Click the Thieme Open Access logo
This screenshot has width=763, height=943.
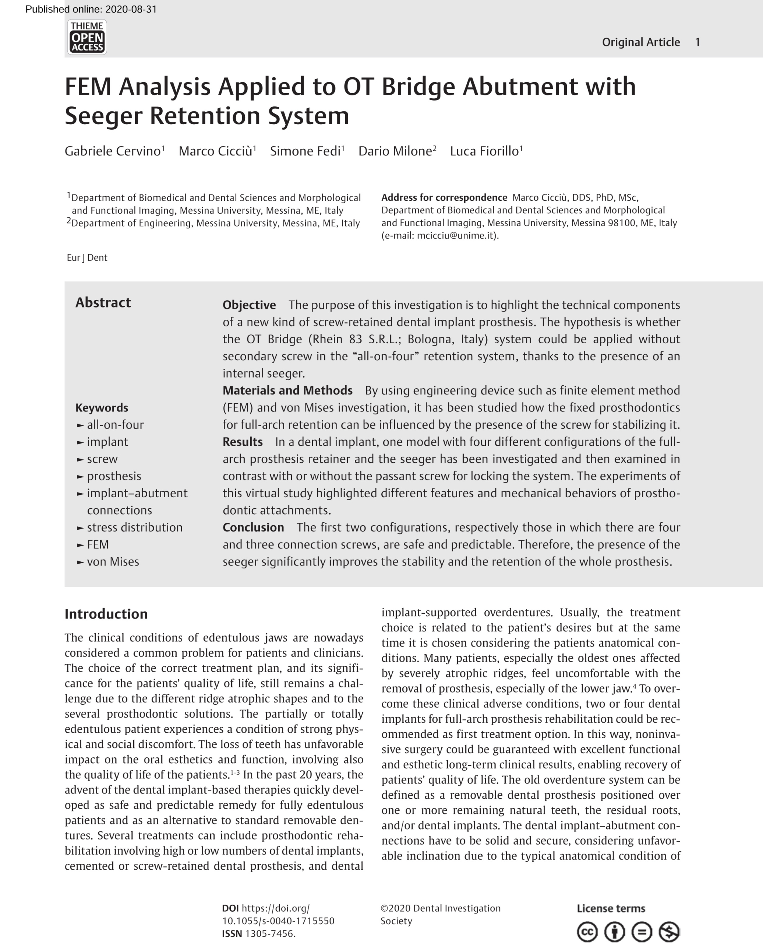[x=87, y=37]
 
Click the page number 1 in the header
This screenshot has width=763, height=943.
[x=697, y=42]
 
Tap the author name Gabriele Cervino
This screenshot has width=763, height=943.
[x=113, y=151]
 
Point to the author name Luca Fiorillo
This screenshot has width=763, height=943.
[x=484, y=151]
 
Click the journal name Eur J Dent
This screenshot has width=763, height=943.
[x=87, y=258]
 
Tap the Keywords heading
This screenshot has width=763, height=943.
[x=102, y=408]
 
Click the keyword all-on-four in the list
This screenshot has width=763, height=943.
[x=115, y=425]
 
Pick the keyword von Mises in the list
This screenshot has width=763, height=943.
[x=113, y=562]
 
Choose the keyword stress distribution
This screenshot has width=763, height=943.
[x=134, y=527]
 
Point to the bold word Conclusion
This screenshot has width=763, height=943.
[x=253, y=527]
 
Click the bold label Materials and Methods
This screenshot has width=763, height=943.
[x=287, y=390]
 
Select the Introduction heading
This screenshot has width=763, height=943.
[x=106, y=614]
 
